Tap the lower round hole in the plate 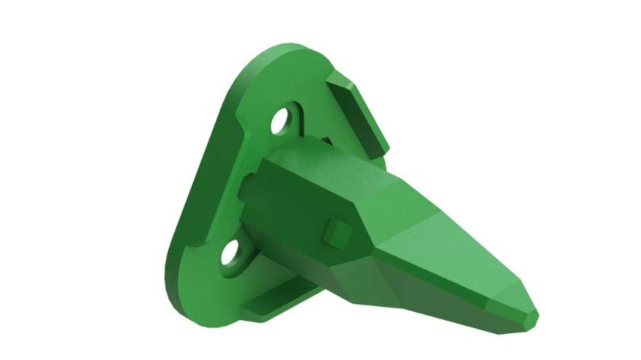tap(230, 253)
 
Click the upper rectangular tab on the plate tap(357, 111)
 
